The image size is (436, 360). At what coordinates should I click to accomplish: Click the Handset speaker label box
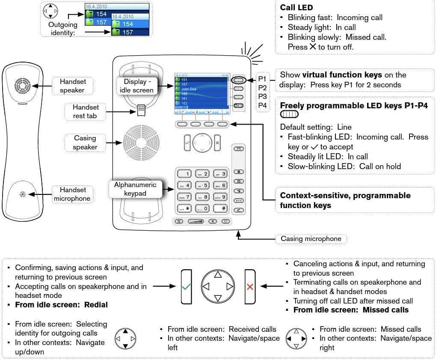72,86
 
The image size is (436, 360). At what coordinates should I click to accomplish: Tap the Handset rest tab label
86,111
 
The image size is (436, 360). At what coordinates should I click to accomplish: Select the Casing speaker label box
85,143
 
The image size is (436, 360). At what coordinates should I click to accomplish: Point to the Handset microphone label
72,194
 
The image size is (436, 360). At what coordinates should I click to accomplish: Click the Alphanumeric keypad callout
135,189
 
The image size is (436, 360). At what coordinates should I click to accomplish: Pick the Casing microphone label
311,239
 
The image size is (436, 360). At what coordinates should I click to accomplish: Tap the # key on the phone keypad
220,208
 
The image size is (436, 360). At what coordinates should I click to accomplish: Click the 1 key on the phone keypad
185,174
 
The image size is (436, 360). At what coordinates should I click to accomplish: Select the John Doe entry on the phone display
190,89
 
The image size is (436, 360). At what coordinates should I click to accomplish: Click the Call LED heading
296,7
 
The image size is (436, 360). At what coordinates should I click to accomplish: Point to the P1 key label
262,79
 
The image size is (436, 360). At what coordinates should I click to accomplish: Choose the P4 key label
262,105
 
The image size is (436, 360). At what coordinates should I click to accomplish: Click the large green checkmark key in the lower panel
186,286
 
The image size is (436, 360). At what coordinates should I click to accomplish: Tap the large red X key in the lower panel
250,286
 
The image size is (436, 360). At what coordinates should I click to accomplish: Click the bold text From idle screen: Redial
61,305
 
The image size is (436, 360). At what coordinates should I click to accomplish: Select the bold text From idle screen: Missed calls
351,310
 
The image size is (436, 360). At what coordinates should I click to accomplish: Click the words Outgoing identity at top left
63,28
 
